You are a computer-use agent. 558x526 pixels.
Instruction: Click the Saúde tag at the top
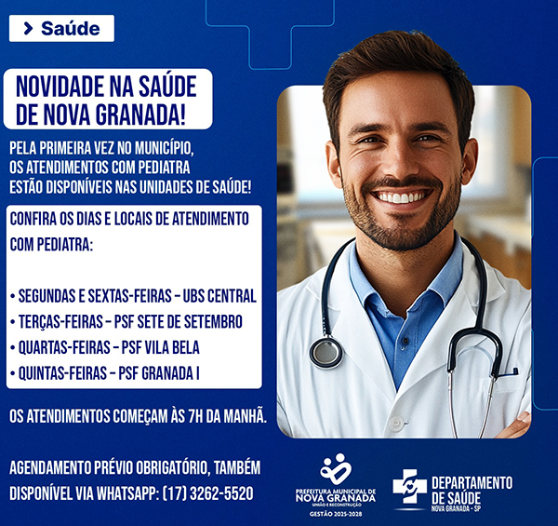(61, 29)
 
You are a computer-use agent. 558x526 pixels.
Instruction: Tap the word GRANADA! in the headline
(140, 115)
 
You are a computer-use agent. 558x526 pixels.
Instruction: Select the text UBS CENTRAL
(219, 296)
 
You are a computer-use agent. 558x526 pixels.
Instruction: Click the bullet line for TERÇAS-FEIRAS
(126, 322)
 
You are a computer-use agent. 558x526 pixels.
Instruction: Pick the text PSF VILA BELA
(160, 347)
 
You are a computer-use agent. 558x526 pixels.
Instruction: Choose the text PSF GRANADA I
(159, 373)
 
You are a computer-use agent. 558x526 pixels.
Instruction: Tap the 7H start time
(195, 417)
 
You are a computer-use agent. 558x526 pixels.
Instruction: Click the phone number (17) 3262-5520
(207, 493)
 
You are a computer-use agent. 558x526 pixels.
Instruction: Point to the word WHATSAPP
(126, 493)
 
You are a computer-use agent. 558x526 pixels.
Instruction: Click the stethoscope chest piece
(326, 353)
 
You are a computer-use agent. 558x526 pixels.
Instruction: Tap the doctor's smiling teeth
(401, 196)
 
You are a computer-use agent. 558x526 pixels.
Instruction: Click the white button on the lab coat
(396, 424)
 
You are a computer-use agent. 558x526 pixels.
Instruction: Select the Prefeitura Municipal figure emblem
(335, 468)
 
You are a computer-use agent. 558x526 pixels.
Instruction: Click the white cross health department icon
(409, 487)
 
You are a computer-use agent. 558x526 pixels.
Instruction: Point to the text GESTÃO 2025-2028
(336, 514)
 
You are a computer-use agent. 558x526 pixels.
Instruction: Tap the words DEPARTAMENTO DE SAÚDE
(472, 491)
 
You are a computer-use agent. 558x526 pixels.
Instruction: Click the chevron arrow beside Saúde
(28, 29)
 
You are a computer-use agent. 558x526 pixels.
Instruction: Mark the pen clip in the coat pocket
(508, 373)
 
